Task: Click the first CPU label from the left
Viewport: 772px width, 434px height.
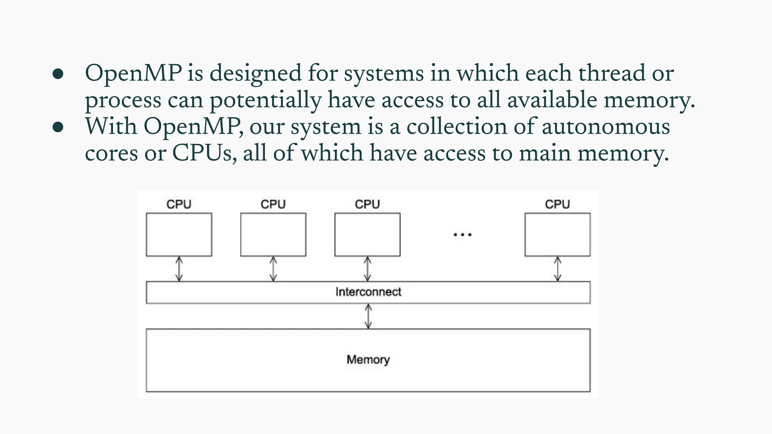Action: tap(179, 204)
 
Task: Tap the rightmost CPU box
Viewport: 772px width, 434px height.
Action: tap(557, 234)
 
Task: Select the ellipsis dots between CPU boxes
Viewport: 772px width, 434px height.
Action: tap(462, 235)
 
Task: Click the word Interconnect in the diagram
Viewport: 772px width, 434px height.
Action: tap(368, 292)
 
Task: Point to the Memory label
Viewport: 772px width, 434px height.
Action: tap(368, 359)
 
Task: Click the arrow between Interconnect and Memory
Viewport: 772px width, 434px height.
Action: tap(368, 316)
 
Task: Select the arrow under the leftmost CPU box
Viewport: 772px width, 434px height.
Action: tap(179, 269)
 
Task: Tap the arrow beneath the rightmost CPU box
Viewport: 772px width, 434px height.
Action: tap(557, 269)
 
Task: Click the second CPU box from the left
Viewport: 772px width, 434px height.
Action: tap(273, 234)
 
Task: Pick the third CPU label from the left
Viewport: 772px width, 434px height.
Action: tap(367, 204)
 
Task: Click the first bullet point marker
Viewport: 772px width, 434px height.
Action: tap(58, 74)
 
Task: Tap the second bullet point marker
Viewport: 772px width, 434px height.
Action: tap(58, 127)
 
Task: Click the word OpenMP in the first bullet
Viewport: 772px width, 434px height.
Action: tap(133, 73)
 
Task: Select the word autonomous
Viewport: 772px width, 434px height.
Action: tap(605, 127)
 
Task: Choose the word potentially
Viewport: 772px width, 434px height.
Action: tap(265, 101)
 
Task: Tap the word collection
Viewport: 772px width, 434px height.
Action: tap(456, 127)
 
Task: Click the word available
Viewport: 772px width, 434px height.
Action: tap(552, 100)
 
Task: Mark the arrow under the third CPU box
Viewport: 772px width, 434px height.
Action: tap(367, 269)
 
